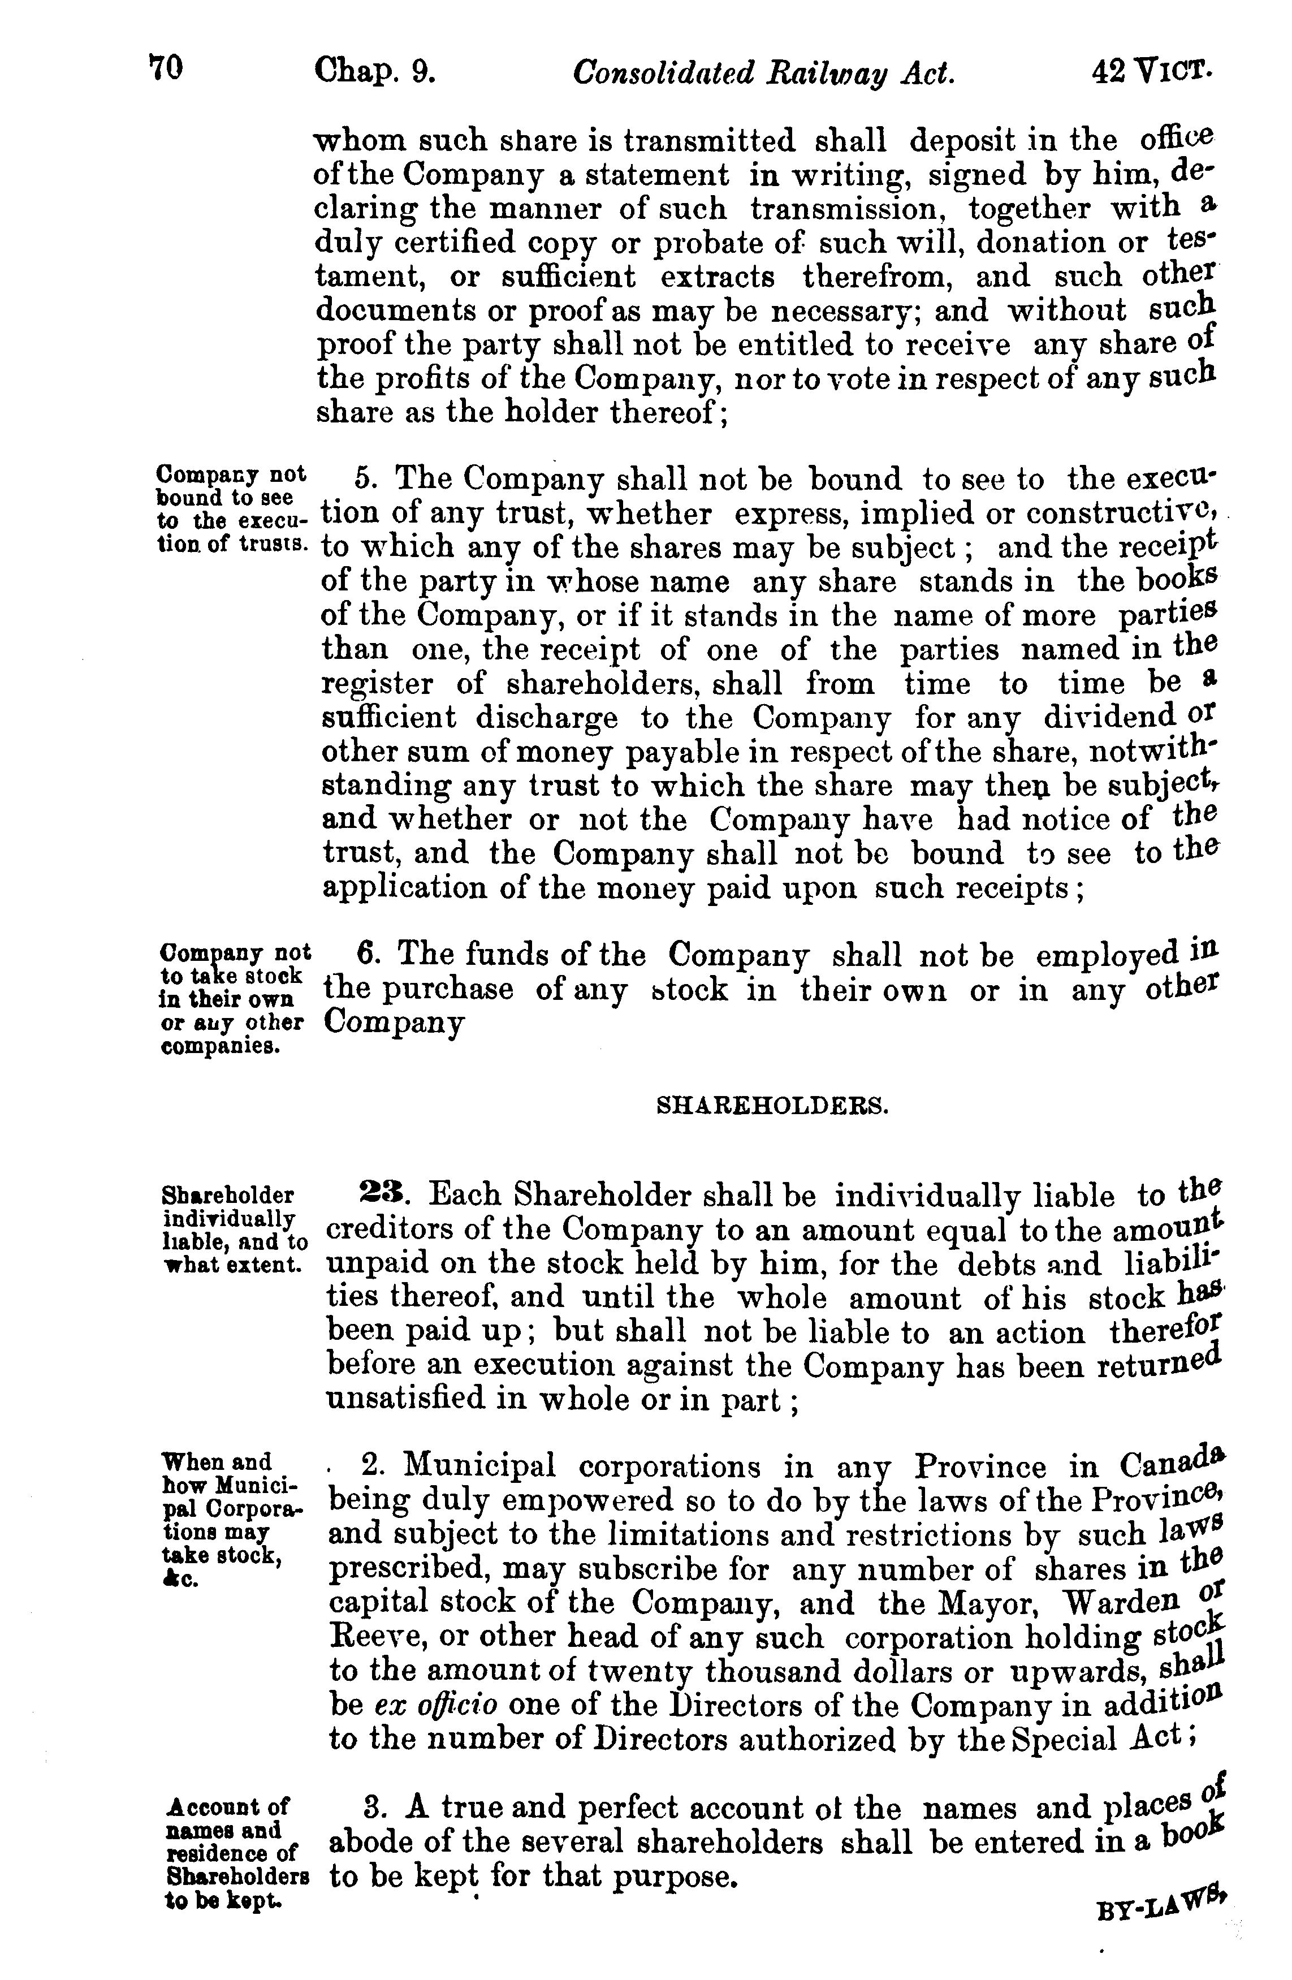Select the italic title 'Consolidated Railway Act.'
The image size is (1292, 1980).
click(x=763, y=74)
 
